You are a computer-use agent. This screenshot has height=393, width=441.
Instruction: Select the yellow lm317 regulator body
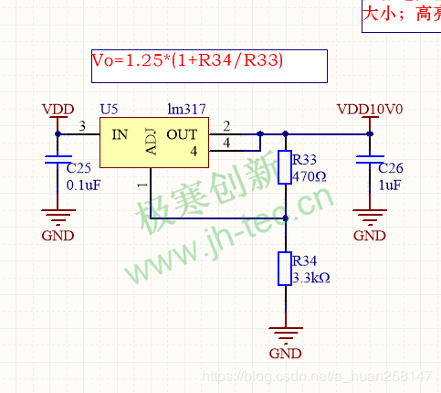point(152,143)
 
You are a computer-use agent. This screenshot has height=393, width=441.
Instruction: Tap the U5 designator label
point(110,110)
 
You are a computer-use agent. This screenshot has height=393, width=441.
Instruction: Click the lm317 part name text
point(186,110)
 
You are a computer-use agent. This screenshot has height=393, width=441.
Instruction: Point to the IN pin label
point(120,134)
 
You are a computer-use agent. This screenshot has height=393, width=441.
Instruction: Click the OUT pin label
point(182,134)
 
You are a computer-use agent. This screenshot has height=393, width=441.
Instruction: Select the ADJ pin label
point(151,144)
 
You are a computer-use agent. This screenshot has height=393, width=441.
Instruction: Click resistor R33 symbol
point(286,166)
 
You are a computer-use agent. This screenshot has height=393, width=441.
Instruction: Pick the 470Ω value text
point(309,175)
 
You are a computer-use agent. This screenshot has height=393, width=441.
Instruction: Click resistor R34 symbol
point(286,271)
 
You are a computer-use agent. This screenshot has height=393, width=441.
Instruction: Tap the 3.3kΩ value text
point(310,277)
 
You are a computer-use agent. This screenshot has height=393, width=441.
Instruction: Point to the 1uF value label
point(390,185)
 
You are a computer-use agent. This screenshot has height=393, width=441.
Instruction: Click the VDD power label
point(58,110)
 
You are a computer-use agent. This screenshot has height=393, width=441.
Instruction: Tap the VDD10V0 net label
point(370,110)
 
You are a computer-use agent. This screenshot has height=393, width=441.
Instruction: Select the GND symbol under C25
point(58,219)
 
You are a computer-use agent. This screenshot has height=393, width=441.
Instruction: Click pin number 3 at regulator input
point(82,126)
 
